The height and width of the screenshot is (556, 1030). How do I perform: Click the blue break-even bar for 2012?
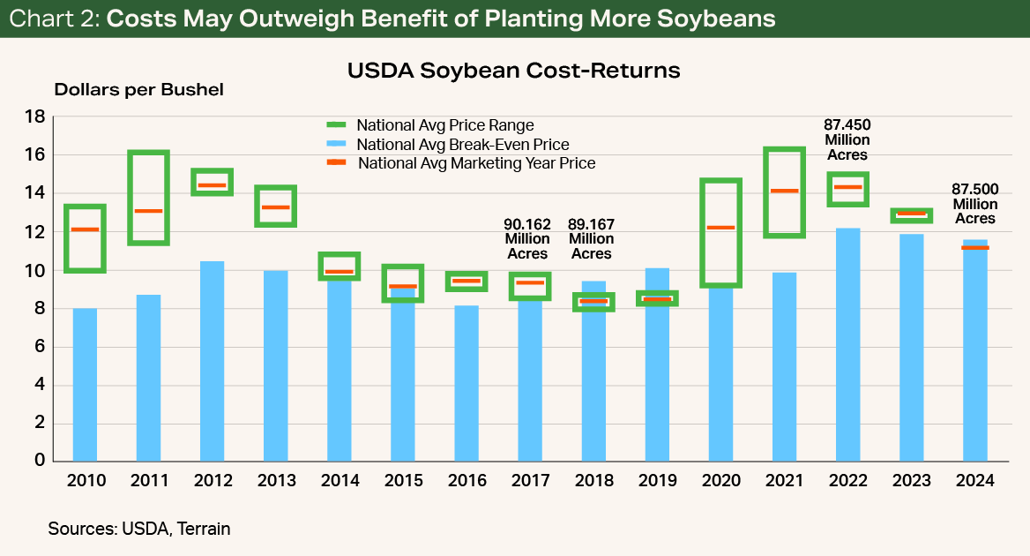click(213, 362)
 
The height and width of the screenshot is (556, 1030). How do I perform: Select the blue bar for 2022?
click(847, 344)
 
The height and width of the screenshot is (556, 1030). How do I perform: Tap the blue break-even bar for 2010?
click(85, 384)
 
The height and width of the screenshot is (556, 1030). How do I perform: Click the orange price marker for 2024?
click(974, 248)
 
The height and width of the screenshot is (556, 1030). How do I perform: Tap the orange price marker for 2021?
click(784, 191)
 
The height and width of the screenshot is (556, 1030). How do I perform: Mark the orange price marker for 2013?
click(275, 207)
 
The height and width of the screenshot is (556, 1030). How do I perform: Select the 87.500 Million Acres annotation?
click(974, 203)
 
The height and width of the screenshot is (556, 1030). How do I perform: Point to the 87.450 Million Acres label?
click(847, 139)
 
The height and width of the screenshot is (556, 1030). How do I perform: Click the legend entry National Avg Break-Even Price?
click(462, 145)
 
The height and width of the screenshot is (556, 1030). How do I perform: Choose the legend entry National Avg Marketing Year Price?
click(476, 163)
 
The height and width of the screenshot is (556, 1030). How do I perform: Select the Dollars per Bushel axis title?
click(139, 90)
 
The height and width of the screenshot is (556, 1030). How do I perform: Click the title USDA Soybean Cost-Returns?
click(514, 71)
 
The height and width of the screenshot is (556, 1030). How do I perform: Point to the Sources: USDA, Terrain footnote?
click(139, 529)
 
